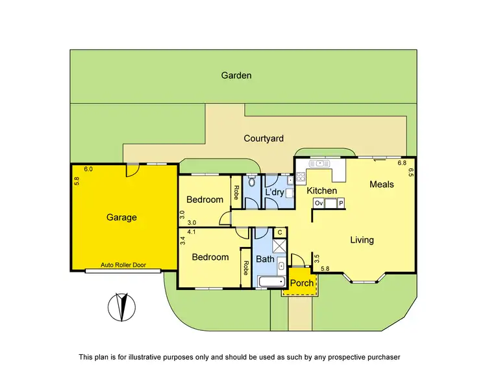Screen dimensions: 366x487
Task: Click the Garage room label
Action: tap(122, 217)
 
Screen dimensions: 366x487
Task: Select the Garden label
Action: tap(236, 75)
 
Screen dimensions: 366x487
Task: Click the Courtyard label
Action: tap(263, 138)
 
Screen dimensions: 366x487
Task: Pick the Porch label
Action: tap(301, 283)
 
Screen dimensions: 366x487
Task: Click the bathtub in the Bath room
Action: tap(271, 282)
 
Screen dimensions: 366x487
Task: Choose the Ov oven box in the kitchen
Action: tap(319, 203)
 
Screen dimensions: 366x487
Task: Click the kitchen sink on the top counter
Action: tap(319, 163)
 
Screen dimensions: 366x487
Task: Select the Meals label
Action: tap(382, 185)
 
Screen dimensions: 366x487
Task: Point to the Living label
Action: tap(362, 240)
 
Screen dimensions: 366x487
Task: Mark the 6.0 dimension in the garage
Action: tap(88, 169)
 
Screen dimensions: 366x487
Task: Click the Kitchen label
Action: tap(322, 190)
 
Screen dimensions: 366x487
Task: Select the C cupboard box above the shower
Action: tap(279, 232)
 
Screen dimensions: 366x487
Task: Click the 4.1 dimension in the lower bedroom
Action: tap(192, 231)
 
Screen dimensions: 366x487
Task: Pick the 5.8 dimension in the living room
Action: tap(325, 268)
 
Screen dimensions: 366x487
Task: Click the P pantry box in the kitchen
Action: tap(341, 203)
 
